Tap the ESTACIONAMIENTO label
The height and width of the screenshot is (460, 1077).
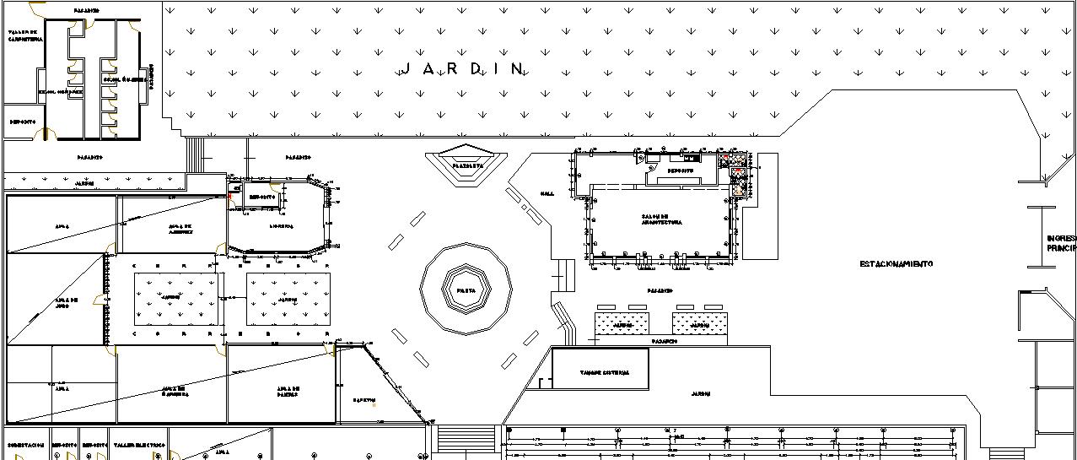tap(896, 264)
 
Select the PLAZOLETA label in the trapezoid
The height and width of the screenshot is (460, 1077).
tap(467, 166)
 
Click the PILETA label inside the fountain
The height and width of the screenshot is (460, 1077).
tap(466, 290)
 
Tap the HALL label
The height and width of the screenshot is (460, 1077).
tap(547, 193)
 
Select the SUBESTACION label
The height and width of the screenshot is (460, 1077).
tap(25, 444)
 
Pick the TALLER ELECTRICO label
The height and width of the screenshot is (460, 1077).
tap(138, 444)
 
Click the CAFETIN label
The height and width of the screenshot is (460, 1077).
tap(363, 400)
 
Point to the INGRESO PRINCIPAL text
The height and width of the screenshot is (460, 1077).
tap(1061, 244)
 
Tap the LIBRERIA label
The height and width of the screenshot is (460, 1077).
tap(281, 226)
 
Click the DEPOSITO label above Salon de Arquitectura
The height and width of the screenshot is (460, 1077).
tap(680, 170)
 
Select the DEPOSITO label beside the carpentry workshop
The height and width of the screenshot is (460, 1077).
tap(23, 122)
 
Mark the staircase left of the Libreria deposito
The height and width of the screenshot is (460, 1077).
tap(194, 152)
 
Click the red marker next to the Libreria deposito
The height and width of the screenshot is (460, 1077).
tap(229, 196)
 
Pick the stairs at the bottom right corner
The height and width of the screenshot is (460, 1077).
tap(1004, 453)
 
